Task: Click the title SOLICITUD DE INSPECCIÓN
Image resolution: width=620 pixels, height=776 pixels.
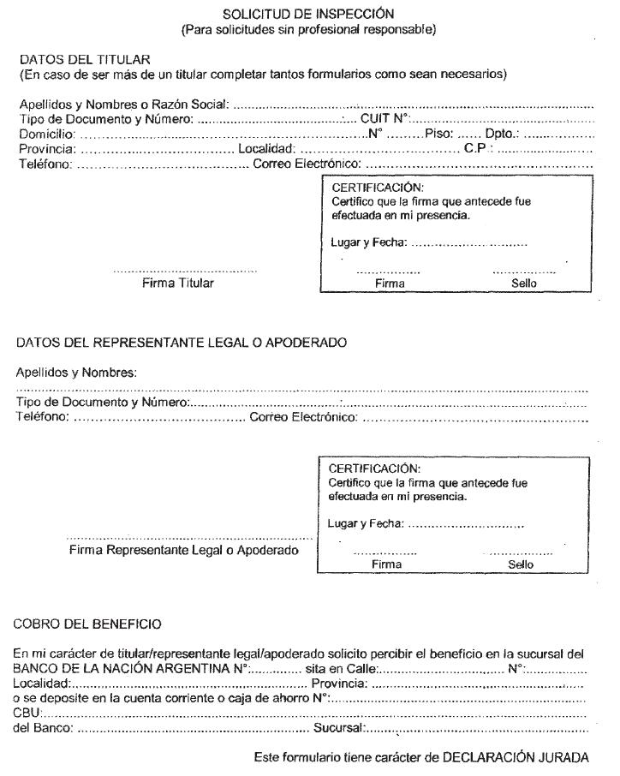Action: (x=308, y=14)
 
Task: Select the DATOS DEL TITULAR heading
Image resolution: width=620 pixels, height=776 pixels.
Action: (x=85, y=59)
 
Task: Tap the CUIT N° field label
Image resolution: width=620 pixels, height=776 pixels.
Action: (x=386, y=119)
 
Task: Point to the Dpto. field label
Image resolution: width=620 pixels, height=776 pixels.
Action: (x=501, y=134)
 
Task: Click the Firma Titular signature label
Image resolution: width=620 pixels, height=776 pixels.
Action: (x=178, y=283)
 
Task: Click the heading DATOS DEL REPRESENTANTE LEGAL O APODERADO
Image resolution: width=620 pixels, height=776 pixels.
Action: (x=182, y=343)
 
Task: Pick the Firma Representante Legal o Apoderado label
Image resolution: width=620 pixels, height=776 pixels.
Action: (x=184, y=550)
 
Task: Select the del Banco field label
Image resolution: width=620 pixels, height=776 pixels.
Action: (x=43, y=729)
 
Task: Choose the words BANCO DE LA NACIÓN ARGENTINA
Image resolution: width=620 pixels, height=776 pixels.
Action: (x=120, y=668)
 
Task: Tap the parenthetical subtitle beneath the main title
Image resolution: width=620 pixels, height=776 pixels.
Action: (x=308, y=30)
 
